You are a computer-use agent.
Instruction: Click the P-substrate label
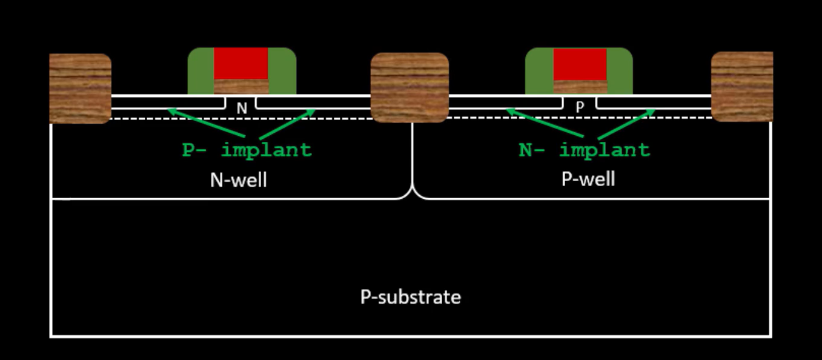(x=410, y=297)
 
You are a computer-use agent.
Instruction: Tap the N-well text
(x=238, y=179)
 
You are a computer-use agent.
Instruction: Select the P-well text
(x=588, y=179)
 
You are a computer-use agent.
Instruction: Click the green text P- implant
(x=247, y=150)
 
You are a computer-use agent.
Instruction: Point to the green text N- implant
(x=584, y=150)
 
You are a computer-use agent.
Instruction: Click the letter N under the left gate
(x=241, y=108)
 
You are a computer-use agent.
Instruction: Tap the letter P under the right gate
(x=580, y=108)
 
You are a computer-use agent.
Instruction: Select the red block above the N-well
(x=240, y=63)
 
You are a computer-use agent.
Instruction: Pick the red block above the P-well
(x=580, y=64)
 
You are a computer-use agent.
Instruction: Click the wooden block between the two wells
(x=409, y=87)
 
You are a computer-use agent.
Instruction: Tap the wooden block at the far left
(x=80, y=88)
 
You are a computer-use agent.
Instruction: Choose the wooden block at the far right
(x=741, y=86)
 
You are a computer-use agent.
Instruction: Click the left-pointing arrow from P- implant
(x=206, y=123)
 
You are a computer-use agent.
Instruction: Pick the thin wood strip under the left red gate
(x=241, y=87)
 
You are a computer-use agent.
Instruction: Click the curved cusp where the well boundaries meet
(x=413, y=192)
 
